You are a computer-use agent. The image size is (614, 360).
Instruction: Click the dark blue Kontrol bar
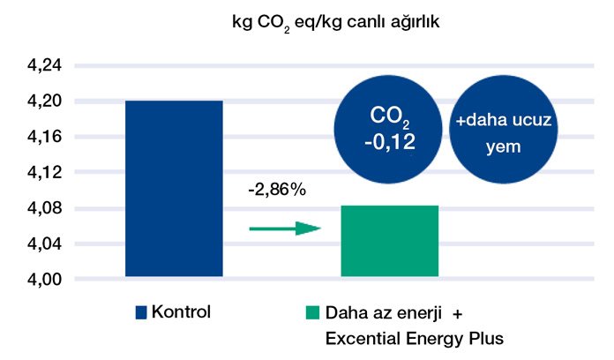click(x=174, y=189)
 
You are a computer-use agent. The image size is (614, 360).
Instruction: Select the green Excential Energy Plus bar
click(x=389, y=241)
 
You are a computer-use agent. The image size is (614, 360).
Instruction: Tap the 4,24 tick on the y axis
click(x=36, y=66)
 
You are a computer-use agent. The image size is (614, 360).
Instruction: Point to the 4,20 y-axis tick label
click(x=36, y=101)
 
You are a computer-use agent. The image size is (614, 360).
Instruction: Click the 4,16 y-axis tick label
click(x=36, y=138)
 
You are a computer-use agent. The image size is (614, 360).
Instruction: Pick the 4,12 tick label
click(x=36, y=173)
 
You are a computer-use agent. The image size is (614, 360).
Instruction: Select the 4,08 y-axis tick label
click(x=36, y=208)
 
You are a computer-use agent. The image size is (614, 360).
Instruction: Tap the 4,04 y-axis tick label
click(x=36, y=244)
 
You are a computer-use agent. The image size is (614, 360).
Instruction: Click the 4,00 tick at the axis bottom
click(x=36, y=280)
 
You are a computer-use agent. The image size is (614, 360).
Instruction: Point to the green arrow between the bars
click(x=284, y=229)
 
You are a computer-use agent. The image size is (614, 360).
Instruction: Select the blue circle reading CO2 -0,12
click(x=389, y=130)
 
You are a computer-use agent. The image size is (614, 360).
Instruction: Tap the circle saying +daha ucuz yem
click(x=503, y=130)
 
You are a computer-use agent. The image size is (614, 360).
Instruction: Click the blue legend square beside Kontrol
click(x=140, y=312)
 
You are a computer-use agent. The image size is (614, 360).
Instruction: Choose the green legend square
click(x=311, y=312)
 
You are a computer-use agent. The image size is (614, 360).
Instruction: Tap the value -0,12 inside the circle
click(x=388, y=143)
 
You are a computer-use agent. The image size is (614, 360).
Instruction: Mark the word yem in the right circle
click(x=503, y=147)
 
